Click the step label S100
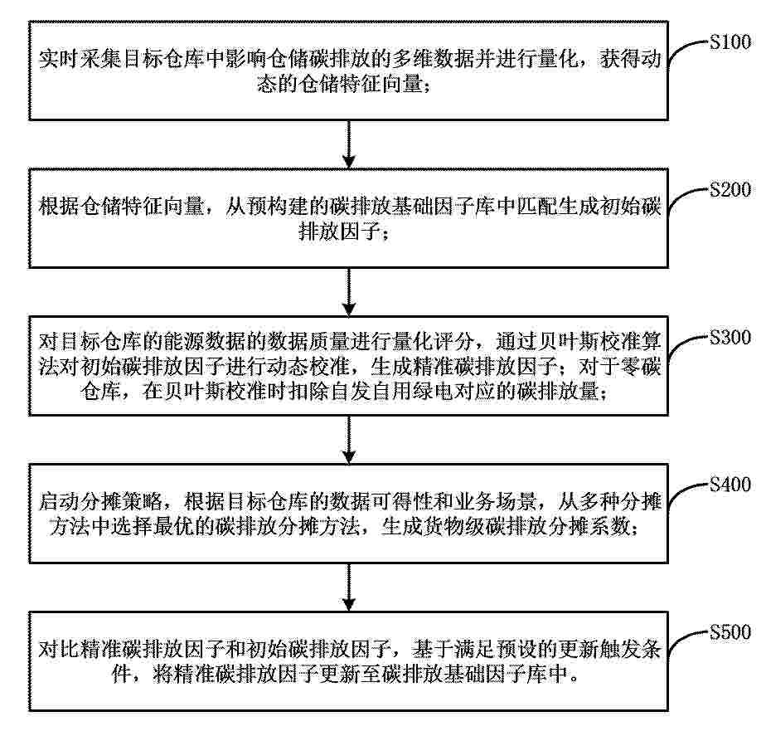tap(730, 42)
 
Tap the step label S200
tap(730, 189)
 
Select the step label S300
tap(730, 337)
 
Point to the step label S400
tap(730, 484)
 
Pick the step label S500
tap(730, 631)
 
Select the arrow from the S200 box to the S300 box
tap(348, 292)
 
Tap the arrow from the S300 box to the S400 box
tap(348, 440)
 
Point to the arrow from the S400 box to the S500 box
tap(348, 587)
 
